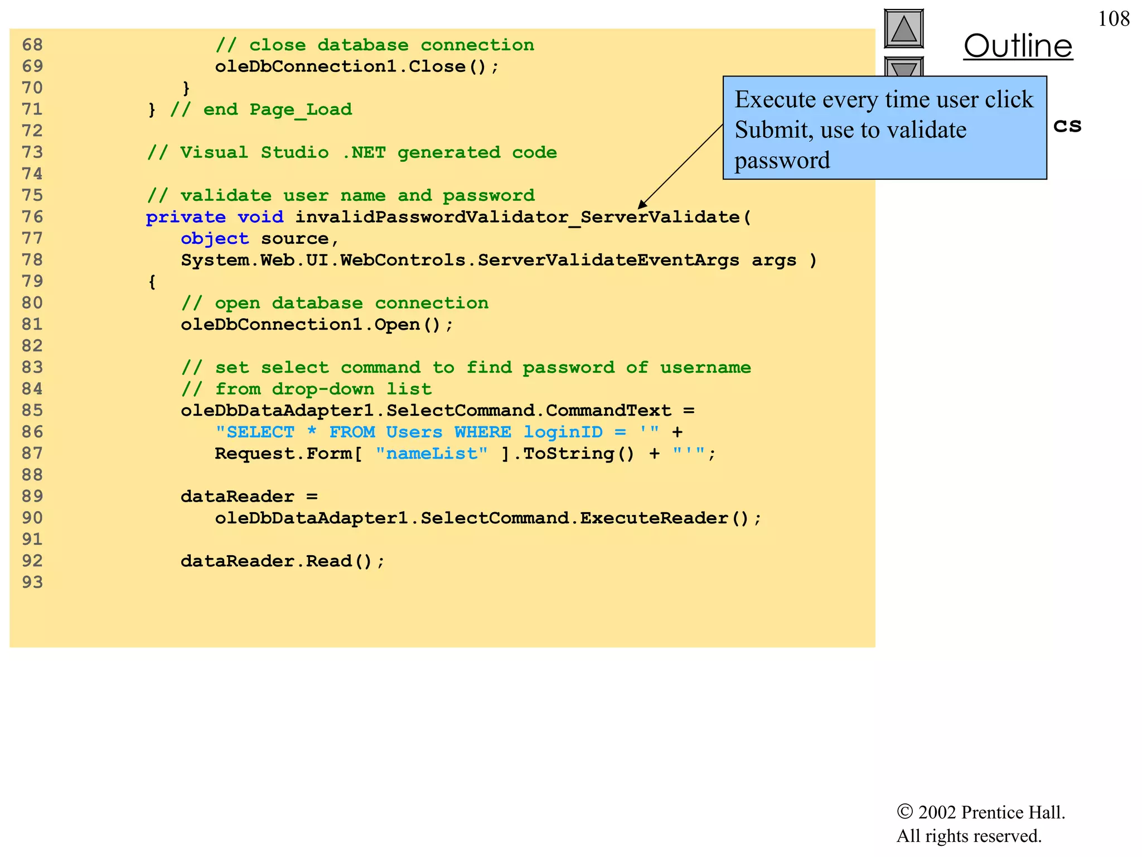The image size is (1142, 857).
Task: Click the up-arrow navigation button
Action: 903,28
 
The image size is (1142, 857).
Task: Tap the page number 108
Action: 1113,19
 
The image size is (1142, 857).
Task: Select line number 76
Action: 32,217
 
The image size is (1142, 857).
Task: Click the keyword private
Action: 186,217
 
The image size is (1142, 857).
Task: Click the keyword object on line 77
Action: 215,239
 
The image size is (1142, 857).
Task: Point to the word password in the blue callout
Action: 782,161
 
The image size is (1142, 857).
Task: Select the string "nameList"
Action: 432,454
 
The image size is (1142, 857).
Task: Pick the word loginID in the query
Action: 563,432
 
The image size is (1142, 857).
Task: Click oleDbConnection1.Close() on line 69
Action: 357,67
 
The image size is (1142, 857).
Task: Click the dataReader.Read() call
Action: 282,561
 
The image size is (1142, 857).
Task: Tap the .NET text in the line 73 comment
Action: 364,153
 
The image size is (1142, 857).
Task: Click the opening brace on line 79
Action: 152,282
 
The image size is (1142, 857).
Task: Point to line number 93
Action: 32,582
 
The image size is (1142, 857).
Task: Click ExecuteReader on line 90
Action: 654,518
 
